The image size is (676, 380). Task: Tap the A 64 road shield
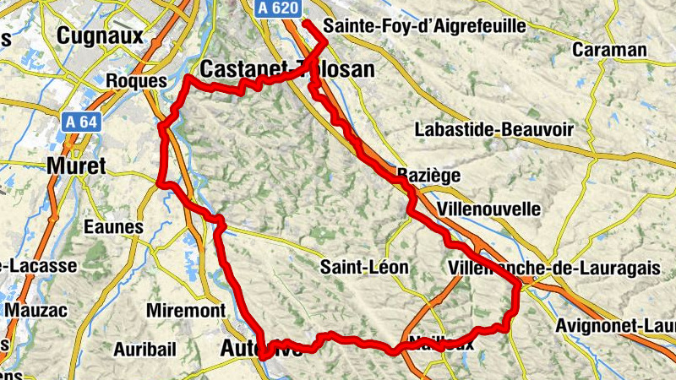tap(82, 122)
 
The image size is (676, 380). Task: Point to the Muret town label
tap(77, 166)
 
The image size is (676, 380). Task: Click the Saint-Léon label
tap(364, 268)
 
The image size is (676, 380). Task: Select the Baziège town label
tap(428, 176)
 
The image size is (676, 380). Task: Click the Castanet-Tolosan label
tap(287, 69)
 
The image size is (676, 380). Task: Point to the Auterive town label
tap(260, 348)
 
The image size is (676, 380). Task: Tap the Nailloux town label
tap(441, 344)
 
